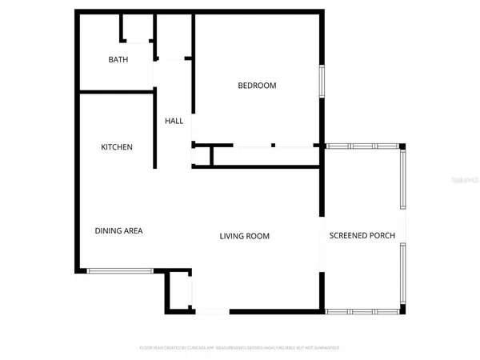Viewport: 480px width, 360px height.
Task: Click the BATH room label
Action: pyautogui.click(x=118, y=60)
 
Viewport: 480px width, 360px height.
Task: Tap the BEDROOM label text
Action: pyautogui.click(x=257, y=86)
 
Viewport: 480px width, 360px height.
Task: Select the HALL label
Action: pyautogui.click(x=174, y=122)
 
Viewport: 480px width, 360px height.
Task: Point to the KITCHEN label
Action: pyautogui.click(x=117, y=147)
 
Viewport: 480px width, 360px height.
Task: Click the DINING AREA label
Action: pyautogui.click(x=118, y=231)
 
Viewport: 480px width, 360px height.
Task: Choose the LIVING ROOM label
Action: pyautogui.click(x=245, y=236)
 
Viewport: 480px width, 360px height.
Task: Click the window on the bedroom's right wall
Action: pyautogui.click(x=322, y=80)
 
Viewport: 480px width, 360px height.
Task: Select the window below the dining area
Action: pyautogui.click(x=120, y=271)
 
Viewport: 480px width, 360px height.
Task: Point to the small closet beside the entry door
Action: pyautogui.click(x=179, y=292)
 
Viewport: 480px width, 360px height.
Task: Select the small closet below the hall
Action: pyautogui.click(x=202, y=156)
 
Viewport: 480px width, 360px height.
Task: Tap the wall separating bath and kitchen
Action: pyautogui.click(x=115, y=92)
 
